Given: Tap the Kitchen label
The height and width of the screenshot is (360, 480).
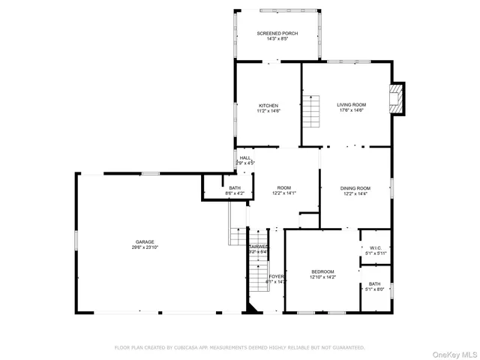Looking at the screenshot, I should point(268,106).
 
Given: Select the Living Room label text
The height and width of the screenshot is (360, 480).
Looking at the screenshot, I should point(351,106).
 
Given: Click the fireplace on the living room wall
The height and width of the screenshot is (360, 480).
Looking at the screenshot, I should point(397,98).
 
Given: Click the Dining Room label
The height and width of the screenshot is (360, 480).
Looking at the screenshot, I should point(355,188).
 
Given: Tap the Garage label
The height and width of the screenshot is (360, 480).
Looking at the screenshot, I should point(145,241).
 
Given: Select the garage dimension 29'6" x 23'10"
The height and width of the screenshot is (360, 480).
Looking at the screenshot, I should point(145,247).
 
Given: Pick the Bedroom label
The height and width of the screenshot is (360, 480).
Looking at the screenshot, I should point(322,271).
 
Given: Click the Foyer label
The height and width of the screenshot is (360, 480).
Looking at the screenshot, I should point(277,277).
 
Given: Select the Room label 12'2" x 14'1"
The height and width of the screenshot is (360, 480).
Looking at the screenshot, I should point(283,188).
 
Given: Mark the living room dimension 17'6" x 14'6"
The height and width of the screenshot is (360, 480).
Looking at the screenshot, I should point(351,111).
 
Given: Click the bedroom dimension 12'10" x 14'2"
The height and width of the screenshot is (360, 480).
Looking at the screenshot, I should point(322,277).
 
